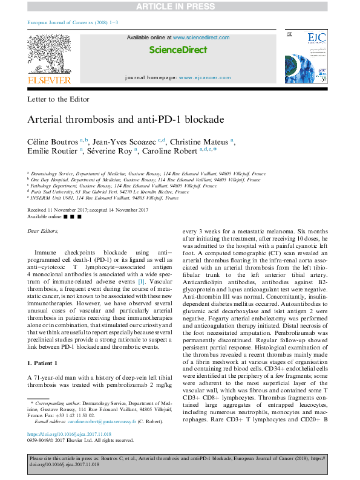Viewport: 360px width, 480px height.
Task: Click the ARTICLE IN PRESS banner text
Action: (180, 7)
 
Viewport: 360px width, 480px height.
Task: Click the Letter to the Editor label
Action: (59, 99)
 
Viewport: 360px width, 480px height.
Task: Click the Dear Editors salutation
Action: (44, 232)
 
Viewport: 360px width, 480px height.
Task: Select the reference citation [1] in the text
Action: (140, 282)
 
